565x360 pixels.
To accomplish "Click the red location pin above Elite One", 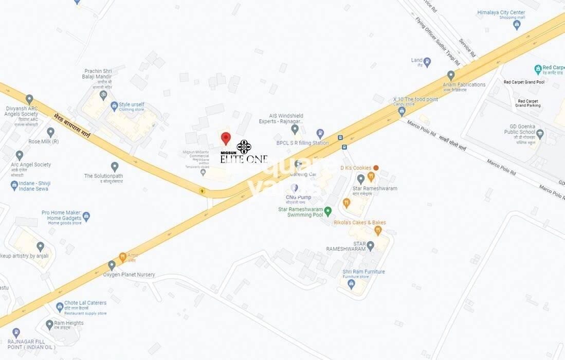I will [226, 138].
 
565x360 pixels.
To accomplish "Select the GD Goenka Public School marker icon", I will [539, 134].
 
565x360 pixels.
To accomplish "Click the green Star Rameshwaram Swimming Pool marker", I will [327, 211].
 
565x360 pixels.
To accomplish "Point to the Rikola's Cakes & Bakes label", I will [359, 223].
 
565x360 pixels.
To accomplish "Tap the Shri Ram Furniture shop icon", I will [352, 283].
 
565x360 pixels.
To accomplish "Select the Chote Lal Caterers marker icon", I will [60, 307].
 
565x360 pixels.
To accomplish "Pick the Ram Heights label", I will [68, 323].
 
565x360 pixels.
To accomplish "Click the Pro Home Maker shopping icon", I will [86, 217].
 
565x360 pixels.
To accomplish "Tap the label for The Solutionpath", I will [103, 176].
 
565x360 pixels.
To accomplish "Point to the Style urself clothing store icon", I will [114, 106].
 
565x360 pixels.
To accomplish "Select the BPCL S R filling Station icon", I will [320, 134].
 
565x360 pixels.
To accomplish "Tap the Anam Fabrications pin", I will [451, 75].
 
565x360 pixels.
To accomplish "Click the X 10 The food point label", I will [415, 99].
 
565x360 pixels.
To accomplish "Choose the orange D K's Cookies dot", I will [376, 168].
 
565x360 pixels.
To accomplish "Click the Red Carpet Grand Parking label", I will [528, 103].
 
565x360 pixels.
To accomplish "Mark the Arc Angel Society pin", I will [20, 155].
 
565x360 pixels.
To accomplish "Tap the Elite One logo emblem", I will [244, 147].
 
